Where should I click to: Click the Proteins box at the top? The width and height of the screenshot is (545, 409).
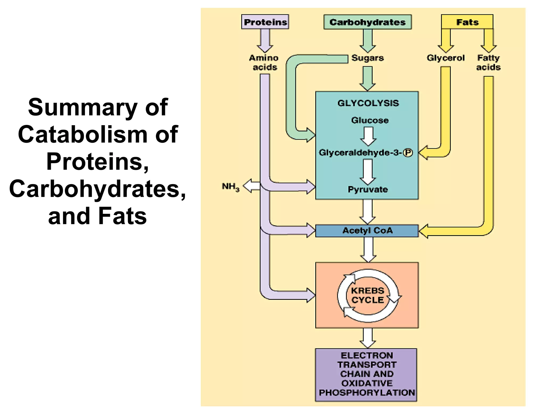click(265, 22)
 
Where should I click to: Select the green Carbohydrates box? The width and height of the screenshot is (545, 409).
click(367, 22)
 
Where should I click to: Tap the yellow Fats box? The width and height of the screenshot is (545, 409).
click(467, 22)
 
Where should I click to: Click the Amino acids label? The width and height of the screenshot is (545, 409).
click(264, 62)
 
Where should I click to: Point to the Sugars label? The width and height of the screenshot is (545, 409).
click(368, 58)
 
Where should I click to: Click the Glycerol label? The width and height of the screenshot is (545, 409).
click(445, 58)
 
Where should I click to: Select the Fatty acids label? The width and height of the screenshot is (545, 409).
click(488, 62)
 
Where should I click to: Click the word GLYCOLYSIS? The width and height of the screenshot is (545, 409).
click(368, 103)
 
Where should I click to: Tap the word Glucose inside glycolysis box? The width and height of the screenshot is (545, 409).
click(370, 120)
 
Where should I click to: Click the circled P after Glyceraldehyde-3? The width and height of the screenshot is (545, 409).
click(408, 153)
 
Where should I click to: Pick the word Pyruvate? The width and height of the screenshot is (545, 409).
click(368, 190)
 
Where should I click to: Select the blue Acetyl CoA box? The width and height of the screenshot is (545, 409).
click(367, 231)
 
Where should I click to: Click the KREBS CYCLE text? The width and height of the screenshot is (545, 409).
click(368, 295)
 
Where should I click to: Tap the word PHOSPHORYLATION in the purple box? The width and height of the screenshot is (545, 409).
click(367, 393)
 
